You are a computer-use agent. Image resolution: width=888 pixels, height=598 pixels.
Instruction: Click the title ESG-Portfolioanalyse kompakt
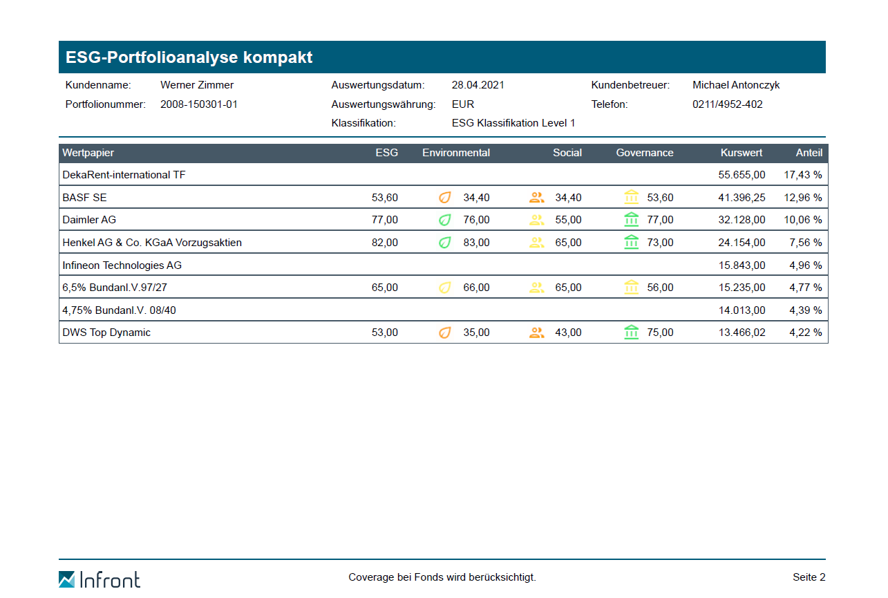coord(189,57)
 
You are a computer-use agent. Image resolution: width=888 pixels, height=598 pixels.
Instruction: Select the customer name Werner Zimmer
coord(197,85)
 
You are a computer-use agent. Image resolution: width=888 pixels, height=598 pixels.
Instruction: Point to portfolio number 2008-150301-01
coord(199,104)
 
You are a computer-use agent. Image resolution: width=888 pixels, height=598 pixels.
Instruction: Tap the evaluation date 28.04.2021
coord(478,85)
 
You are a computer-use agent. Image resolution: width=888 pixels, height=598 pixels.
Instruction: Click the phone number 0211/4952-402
coord(728,104)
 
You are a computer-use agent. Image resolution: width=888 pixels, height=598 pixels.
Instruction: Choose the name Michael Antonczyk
coord(736,85)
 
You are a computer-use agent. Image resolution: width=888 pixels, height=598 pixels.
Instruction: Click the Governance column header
coord(644,153)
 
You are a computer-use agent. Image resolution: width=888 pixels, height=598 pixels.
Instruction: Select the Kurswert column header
coord(741,153)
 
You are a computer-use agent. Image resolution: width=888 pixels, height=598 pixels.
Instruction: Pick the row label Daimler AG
coord(89,220)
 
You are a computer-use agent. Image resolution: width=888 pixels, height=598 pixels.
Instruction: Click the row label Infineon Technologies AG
coord(122,265)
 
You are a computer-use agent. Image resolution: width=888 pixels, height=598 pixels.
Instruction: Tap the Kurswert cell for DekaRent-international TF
coord(741,175)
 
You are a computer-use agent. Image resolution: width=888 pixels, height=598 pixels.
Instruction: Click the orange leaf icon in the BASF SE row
coord(445,198)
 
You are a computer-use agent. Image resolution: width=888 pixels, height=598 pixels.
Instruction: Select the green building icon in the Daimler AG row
coord(631,220)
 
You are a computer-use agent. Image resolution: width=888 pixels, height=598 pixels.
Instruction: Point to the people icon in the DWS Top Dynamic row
coord(536,333)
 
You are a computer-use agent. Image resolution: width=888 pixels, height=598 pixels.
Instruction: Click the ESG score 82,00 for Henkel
coord(385,243)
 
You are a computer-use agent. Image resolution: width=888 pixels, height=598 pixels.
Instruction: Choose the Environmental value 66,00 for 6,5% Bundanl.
coord(476,288)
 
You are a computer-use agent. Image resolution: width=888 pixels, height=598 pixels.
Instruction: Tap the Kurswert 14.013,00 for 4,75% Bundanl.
coord(741,310)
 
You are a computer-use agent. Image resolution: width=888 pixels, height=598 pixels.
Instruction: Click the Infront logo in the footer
coord(100,579)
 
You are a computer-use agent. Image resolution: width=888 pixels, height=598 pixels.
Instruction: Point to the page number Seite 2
coord(809,577)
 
